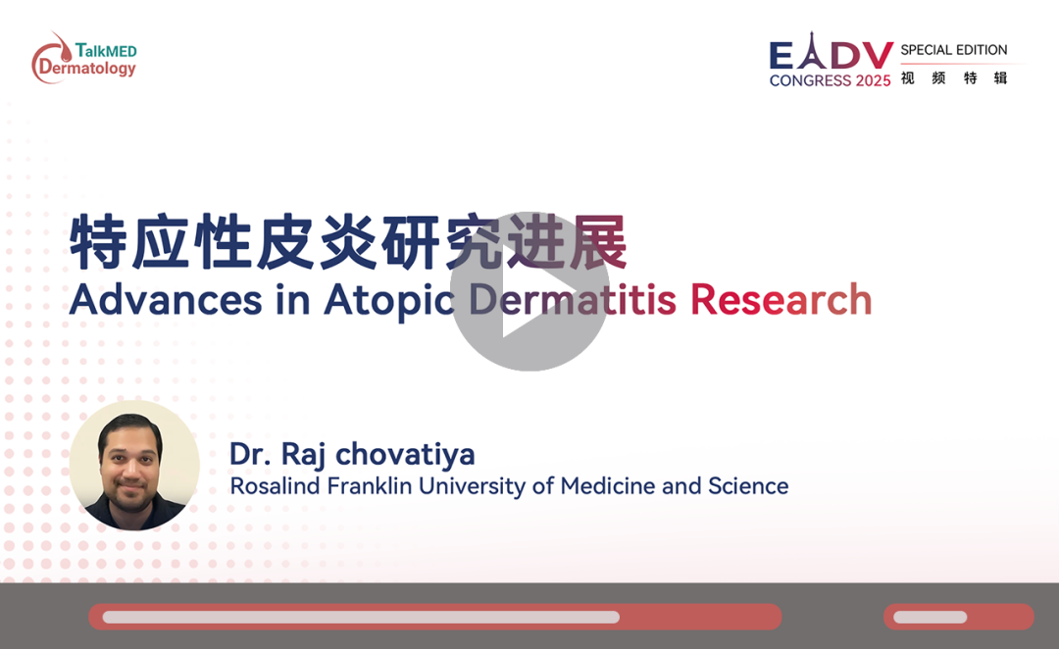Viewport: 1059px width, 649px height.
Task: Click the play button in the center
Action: coord(529,291)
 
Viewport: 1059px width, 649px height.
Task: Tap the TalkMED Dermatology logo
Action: coord(84,58)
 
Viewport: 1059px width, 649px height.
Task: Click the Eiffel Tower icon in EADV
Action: coord(812,50)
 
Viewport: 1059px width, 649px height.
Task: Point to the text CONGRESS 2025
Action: coord(831,80)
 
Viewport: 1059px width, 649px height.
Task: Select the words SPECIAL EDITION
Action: coord(954,50)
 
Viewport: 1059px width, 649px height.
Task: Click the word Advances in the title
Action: coord(166,299)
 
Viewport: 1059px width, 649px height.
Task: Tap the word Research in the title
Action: coord(781,299)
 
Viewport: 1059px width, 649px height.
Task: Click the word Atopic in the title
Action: coord(389,301)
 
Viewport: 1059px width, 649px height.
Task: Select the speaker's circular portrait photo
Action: coord(134,466)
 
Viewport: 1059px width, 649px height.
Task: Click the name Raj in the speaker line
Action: coord(303,455)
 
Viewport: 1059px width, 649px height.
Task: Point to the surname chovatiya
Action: coord(405,454)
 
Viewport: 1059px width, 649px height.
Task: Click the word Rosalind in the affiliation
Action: coord(275,485)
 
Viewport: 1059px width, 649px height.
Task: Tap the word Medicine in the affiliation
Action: coord(608,485)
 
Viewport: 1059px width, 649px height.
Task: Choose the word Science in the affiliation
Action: coord(748,485)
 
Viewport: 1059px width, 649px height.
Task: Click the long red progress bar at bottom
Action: coord(435,617)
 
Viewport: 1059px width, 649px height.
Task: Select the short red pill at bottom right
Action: coord(959,617)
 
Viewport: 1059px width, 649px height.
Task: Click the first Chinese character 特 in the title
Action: coord(98,242)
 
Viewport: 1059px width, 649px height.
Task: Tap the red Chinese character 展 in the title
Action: coord(598,242)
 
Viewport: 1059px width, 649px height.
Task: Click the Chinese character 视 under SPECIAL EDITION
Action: coord(908,78)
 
